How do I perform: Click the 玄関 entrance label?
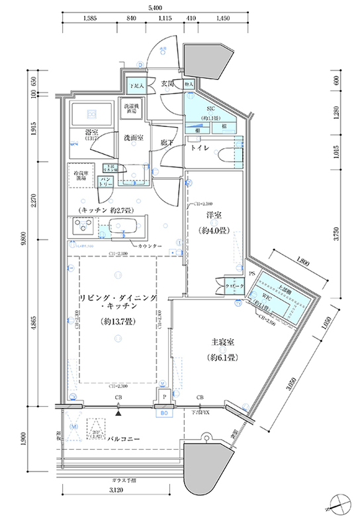(168, 85)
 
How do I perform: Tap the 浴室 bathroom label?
(92, 132)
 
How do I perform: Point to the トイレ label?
(201, 149)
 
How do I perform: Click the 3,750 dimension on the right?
(336, 232)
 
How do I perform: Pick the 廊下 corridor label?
(167, 142)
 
